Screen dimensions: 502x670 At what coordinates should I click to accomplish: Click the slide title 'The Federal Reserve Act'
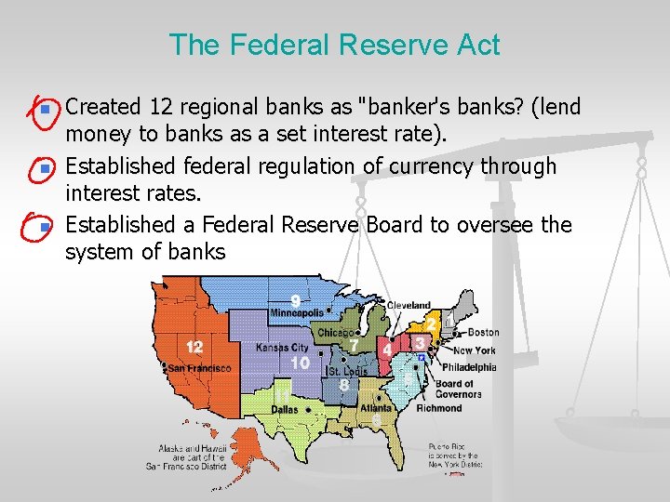click(x=335, y=45)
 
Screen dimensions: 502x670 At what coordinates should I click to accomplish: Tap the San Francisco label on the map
click(x=198, y=368)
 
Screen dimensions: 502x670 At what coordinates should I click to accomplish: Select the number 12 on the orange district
click(x=194, y=347)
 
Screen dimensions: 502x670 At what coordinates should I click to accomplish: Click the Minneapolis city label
click(x=296, y=313)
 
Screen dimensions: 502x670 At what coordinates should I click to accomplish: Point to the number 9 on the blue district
click(x=295, y=300)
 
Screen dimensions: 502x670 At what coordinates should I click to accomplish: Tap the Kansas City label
click(x=282, y=347)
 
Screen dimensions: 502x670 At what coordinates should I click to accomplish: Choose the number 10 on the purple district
click(x=300, y=362)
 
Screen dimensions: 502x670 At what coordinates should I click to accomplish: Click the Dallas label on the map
click(x=286, y=408)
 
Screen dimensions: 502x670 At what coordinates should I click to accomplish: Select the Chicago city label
click(x=335, y=332)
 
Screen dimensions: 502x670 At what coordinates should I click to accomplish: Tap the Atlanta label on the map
click(x=376, y=407)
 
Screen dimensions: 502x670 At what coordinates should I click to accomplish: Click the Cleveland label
click(x=409, y=305)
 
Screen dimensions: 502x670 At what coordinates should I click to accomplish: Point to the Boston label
click(x=483, y=332)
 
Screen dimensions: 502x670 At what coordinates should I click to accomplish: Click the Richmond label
click(x=438, y=408)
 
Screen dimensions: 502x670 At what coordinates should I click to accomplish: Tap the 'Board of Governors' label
click(x=458, y=389)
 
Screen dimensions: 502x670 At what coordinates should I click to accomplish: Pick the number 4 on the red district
click(x=386, y=350)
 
